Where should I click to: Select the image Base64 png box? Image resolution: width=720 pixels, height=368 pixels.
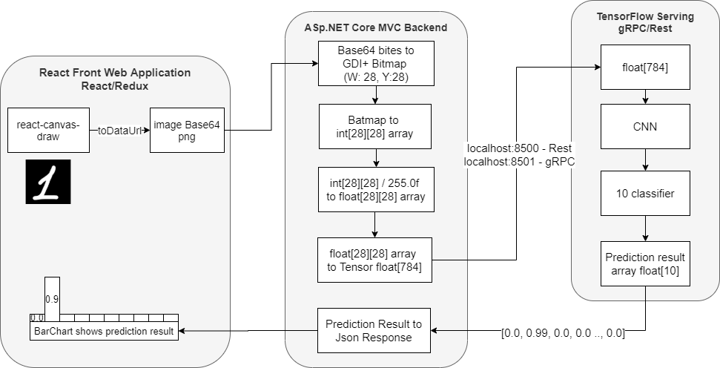(187, 130)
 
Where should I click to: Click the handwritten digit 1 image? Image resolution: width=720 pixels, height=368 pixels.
(48, 182)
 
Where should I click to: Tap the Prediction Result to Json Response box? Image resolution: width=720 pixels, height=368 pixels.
(374, 330)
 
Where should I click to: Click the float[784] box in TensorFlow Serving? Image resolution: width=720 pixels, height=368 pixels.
(646, 67)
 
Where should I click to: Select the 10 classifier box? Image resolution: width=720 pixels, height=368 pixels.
(646, 193)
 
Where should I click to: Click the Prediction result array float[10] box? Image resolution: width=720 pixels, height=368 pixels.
(646, 264)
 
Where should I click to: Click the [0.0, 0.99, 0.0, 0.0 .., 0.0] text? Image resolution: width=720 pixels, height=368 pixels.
(563, 333)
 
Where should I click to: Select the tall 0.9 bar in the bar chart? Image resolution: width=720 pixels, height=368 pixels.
(52, 297)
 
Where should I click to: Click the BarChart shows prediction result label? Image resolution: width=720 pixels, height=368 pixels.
(104, 331)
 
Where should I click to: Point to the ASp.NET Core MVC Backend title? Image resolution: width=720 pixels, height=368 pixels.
(376, 28)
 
